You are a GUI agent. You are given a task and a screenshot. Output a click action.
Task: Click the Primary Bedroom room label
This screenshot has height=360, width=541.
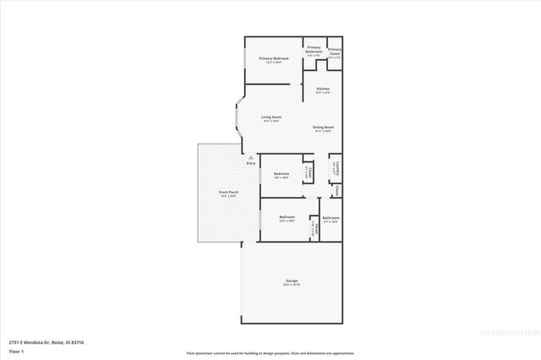coord(274,59)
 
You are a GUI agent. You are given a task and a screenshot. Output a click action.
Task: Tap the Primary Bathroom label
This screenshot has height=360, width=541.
coord(314,50)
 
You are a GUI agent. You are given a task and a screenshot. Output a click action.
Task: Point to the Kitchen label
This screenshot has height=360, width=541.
coord(323,90)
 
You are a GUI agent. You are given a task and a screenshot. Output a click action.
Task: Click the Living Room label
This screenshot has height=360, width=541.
coord(270,118)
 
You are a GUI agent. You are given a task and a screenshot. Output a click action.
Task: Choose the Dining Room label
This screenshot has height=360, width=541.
coord(324,128)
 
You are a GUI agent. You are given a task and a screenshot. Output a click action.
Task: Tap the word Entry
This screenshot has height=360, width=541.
coord(250,162)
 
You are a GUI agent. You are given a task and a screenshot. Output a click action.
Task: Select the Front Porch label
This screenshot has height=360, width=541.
coord(228,194)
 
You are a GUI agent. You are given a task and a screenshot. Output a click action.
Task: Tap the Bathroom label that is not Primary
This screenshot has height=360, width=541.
coord(331,219)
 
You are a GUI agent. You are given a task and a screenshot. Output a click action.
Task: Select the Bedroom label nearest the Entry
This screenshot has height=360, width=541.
coord(281,175)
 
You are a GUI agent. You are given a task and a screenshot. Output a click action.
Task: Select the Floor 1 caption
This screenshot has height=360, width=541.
coord(17,351)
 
